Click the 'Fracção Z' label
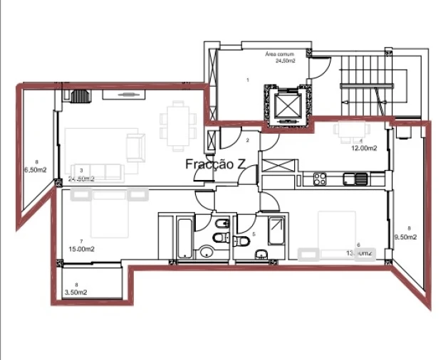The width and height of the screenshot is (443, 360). (215, 164)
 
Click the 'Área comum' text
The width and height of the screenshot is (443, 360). (279, 54)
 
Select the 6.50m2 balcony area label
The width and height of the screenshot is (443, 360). (35, 170)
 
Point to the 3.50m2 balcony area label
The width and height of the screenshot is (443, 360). (75, 292)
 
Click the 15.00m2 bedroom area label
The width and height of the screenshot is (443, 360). (82, 249)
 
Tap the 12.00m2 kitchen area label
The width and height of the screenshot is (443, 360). (363, 149)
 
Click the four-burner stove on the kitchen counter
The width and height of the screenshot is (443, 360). (318, 178)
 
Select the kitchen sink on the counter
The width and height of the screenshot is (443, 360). (354, 178)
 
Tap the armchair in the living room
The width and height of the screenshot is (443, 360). (134, 146)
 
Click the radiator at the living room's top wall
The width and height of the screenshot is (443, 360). (81, 96)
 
